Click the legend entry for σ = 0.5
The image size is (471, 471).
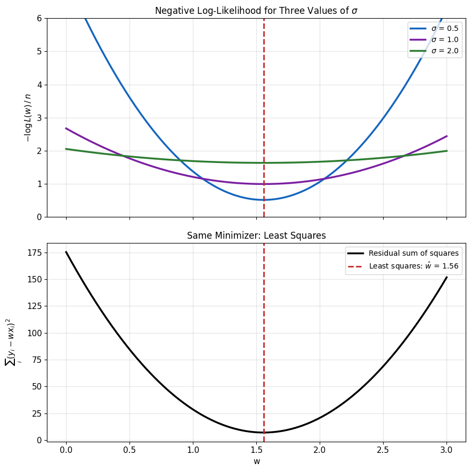(x=434, y=29)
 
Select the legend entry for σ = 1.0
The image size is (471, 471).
(x=434, y=39)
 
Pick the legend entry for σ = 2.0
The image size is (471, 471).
(x=434, y=51)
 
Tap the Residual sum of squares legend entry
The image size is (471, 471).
(x=403, y=253)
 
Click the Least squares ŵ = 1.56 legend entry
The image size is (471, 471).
(x=403, y=266)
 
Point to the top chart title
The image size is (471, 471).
(x=256, y=11)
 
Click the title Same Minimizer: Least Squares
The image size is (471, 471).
(x=256, y=235)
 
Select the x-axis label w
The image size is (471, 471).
(x=256, y=461)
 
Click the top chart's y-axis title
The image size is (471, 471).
(x=28, y=118)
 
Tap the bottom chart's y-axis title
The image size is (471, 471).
(x=12, y=342)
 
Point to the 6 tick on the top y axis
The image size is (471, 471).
(x=39, y=19)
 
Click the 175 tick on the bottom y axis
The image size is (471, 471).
(x=35, y=253)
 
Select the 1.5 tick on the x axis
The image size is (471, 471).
(x=256, y=450)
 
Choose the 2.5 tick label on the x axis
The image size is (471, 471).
(x=383, y=450)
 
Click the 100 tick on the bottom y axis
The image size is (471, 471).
(x=35, y=333)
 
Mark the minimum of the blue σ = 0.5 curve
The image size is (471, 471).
(x=264, y=200)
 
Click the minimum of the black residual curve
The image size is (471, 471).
(x=264, y=432)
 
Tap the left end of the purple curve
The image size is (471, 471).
(x=66, y=128)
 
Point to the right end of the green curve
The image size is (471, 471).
(x=446, y=151)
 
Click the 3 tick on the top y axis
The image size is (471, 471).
(x=39, y=118)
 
